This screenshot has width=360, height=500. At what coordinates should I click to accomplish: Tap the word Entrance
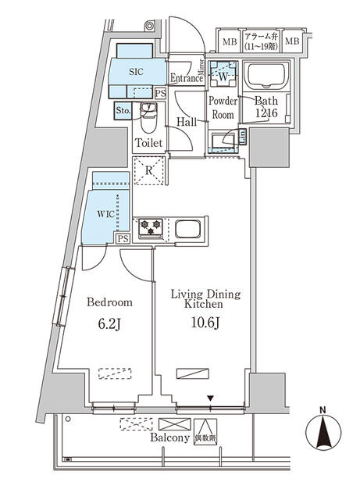coord(187,78)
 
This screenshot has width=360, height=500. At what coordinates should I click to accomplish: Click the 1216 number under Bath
coord(266,114)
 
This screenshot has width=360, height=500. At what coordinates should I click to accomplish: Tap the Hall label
coord(186,122)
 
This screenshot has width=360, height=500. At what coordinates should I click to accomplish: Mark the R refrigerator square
coord(148,170)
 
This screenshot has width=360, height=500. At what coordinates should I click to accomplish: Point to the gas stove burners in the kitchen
coord(150,228)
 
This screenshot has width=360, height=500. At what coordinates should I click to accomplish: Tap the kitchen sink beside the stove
coord(191,229)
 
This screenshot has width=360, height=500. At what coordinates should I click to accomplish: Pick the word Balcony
coord(169,438)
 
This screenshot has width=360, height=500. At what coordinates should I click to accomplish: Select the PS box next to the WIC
coord(123,240)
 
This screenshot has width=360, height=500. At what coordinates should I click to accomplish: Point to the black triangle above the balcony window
coord(210,398)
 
